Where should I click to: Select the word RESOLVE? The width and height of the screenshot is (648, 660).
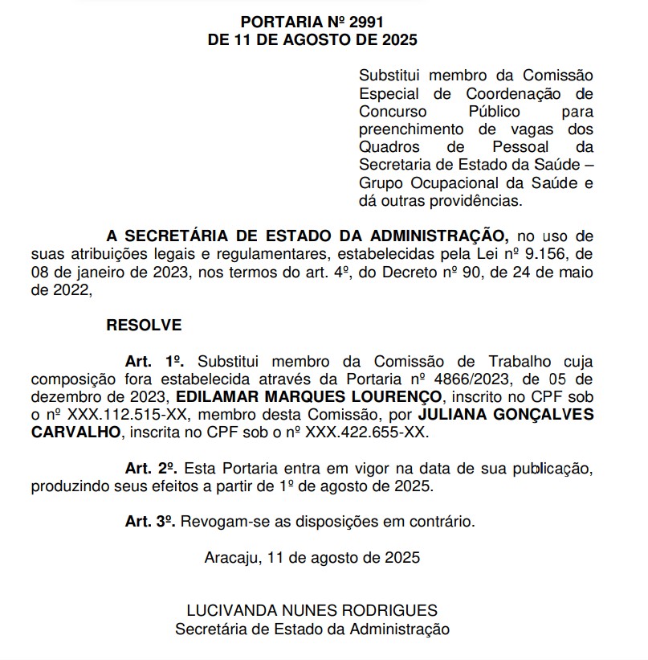(x=144, y=326)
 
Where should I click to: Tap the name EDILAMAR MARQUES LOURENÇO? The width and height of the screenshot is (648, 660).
(x=308, y=397)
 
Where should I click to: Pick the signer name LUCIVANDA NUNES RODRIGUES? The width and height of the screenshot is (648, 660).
(x=312, y=610)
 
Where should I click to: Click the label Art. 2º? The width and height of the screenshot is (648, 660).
(x=151, y=468)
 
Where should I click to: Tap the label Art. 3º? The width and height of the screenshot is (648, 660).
(x=150, y=522)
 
